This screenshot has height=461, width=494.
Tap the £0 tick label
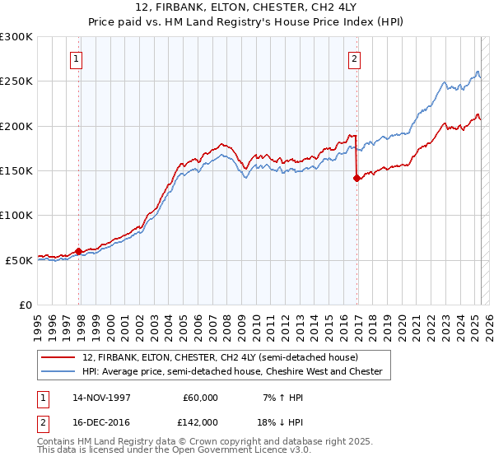[26, 305]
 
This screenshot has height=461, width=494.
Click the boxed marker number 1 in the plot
[77, 58]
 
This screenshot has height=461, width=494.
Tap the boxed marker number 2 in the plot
[354, 58]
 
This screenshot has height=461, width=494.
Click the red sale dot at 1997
[79, 251]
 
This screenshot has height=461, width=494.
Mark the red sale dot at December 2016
[357, 178]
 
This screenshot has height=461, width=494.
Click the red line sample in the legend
[59, 358]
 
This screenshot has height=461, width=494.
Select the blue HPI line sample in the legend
[59, 372]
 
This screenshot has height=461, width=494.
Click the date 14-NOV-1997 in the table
[102, 398]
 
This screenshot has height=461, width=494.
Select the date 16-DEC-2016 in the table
[102, 421]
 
